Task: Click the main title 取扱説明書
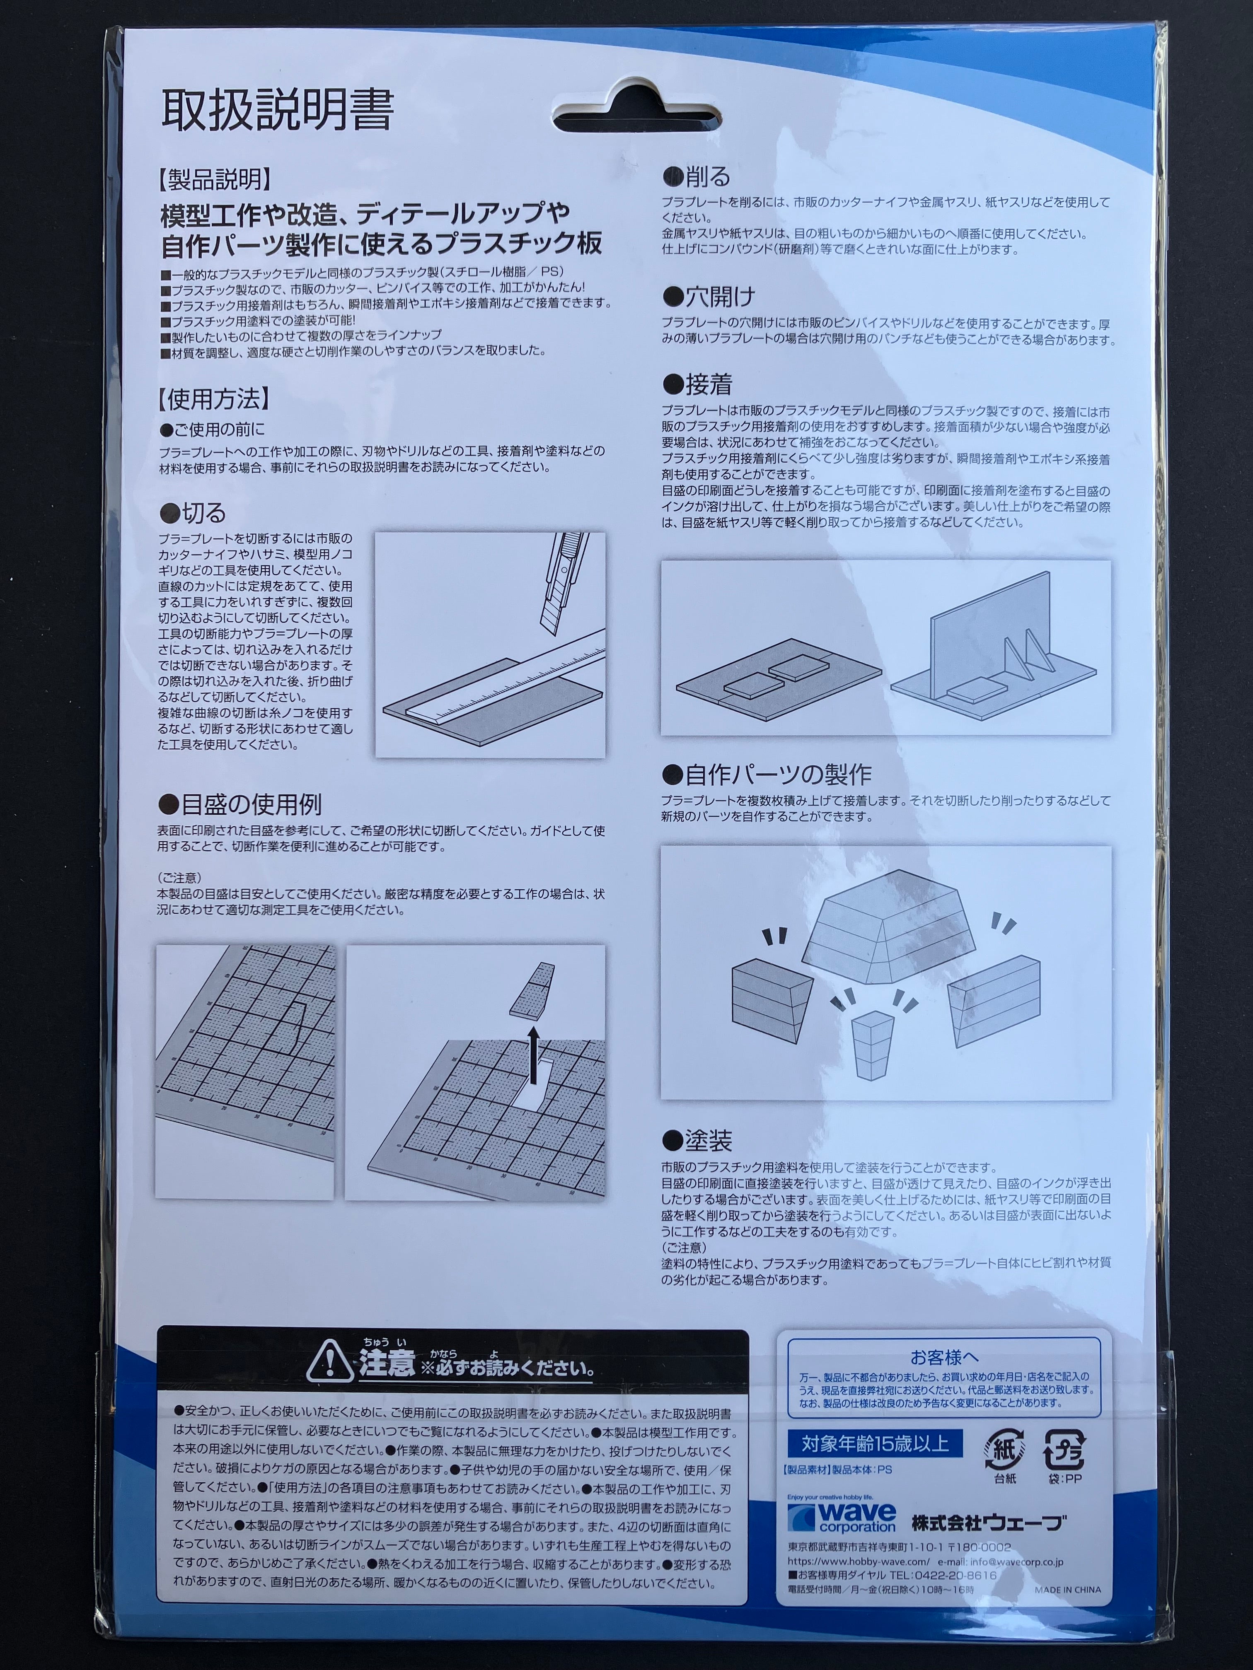pyautogui.click(x=277, y=112)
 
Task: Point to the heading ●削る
pyautogui.click(x=697, y=177)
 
